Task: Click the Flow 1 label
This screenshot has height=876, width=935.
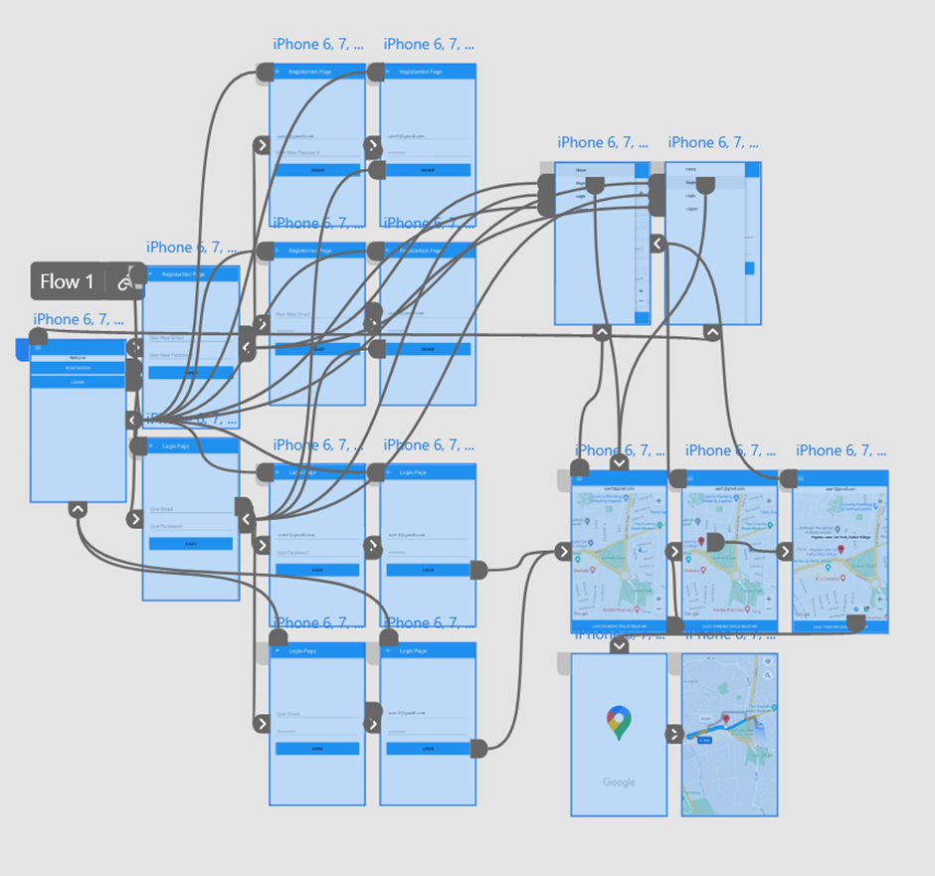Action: pyautogui.click(x=67, y=281)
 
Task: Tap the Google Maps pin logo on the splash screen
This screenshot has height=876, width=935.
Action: pyautogui.click(x=619, y=723)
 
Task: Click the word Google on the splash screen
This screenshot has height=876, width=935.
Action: pyautogui.click(x=619, y=783)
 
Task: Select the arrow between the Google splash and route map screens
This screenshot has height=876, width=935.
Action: pyautogui.click(x=674, y=735)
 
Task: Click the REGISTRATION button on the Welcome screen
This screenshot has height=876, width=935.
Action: pyautogui.click(x=78, y=368)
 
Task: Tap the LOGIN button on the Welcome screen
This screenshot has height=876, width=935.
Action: pyautogui.click(x=78, y=382)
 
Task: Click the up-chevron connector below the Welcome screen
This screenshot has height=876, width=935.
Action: pyautogui.click(x=78, y=509)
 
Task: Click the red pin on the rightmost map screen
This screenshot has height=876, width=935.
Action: pyautogui.click(x=841, y=549)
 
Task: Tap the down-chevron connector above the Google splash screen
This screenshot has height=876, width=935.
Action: pyautogui.click(x=619, y=645)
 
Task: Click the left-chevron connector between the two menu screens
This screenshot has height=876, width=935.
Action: pyautogui.click(x=657, y=244)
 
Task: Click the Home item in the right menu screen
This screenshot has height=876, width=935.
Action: pyautogui.click(x=691, y=170)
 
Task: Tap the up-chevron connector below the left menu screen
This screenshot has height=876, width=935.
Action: pyautogui.click(x=602, y=333)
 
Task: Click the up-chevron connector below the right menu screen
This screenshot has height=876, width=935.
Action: pyautogui.click(x=712, y=333)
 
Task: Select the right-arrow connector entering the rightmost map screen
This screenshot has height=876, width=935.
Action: pyautogui.click(x=785, y=552)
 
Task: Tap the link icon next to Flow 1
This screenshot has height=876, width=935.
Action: pyautogui.click(x=125, y=282)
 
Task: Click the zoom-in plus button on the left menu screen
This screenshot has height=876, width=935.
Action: pyautogui.click(x=641, y=291)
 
